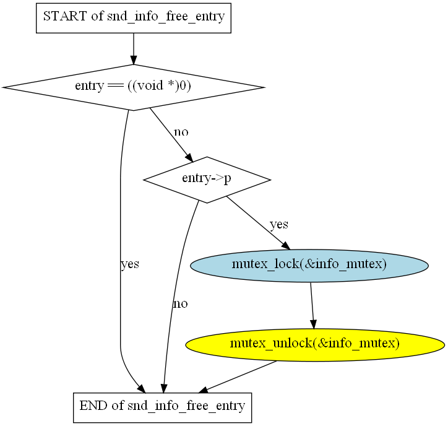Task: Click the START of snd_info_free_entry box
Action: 134,17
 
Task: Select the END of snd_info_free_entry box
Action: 162,407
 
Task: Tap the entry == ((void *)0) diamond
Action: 133,87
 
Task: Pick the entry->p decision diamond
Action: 207,180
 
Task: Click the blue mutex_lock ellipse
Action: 309,265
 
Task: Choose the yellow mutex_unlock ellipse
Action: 314,343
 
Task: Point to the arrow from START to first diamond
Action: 134,48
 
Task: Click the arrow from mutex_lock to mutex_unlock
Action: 312,304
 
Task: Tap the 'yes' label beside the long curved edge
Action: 129,264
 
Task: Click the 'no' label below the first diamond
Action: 181,132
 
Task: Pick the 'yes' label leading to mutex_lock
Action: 278,224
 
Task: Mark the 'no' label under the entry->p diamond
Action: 180,303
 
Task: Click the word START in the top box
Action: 65,17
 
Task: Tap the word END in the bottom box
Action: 92,407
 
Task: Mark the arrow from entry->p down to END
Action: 173,297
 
